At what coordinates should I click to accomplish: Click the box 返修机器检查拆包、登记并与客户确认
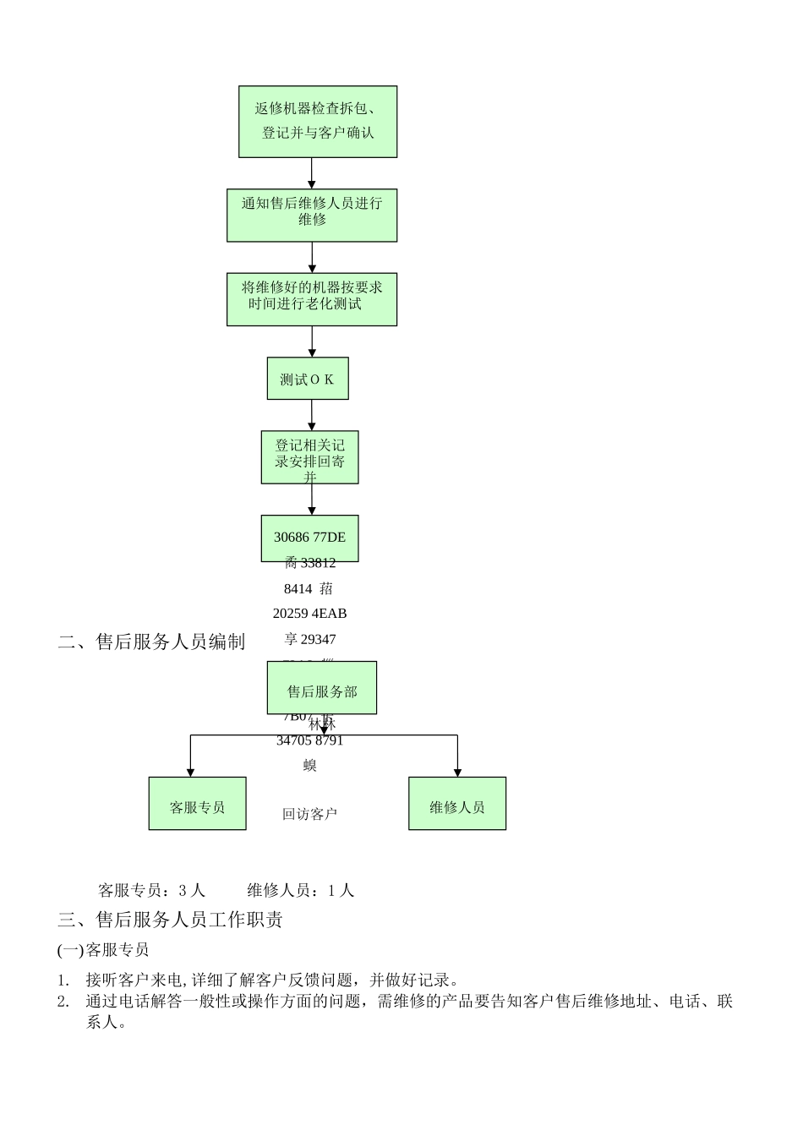318,121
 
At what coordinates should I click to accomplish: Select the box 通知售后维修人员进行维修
311,215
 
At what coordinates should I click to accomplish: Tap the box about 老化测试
311,298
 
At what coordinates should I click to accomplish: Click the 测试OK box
308,379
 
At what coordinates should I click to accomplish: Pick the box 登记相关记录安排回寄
309,457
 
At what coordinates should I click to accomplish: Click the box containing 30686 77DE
309,538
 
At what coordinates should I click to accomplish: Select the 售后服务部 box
321,688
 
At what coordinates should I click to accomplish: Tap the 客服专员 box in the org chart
197,804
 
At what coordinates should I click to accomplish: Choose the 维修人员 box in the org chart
457,804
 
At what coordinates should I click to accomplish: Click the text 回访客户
309,814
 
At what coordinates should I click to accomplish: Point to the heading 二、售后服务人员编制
151,642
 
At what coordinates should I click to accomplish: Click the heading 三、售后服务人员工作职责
170,920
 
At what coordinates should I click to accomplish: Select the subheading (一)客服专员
103,950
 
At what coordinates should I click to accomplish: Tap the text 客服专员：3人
151,890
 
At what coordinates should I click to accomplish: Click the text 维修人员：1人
300,890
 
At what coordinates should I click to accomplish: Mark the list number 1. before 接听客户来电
63,980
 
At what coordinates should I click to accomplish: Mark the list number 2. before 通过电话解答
63,1002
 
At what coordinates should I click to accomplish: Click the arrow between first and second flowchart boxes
312,173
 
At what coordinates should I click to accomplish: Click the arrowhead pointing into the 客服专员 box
190,771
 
